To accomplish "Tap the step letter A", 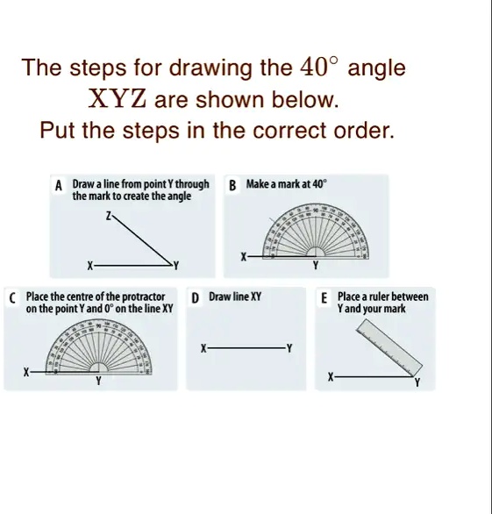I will [59, 186].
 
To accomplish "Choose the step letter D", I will [195, 298].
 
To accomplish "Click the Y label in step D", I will [289, 348].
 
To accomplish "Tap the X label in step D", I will [203, 348].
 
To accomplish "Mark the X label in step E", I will [330, 377].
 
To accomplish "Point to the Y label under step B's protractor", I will [315, 268].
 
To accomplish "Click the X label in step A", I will [88, 265].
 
